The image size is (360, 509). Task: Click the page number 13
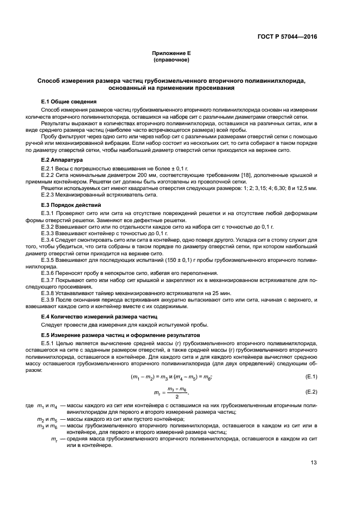(x=314, y=463)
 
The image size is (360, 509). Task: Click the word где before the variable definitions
(x=29, y=406)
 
